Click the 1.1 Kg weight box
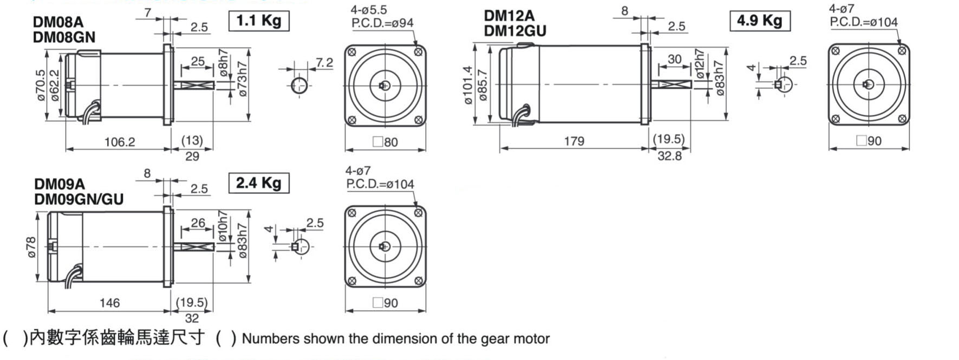tap(259, 21)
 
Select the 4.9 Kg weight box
tap(759, 21)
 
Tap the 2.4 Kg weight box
tap(258, 183)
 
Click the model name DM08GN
tap(64, 37)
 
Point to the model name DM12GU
tap(515, 31)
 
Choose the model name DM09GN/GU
tap(79, 199)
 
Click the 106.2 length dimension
tap(119, 142)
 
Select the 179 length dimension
tap(574, 141)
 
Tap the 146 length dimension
tap(109, 303)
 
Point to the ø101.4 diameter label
tap(468, 85)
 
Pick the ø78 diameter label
tap(31, 247)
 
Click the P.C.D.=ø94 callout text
tap(382, 23)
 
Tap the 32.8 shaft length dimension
tap(669, 156)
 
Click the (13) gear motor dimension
tap(192, 141)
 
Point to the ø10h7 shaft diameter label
tap(223, 227)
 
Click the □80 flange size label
tap(386, 142)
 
